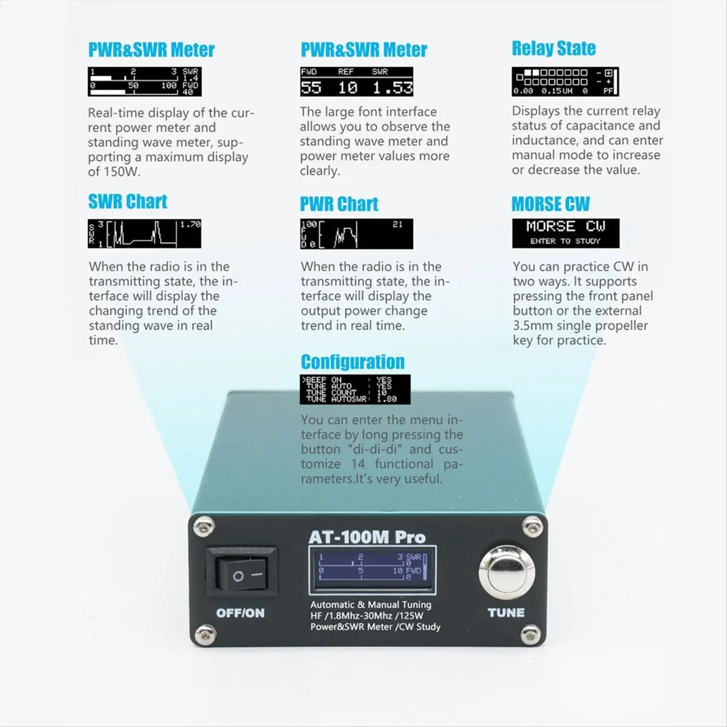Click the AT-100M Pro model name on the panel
click(x=367, y=537)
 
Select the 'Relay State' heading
click(x=553, y=48)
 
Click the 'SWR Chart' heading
click(x=127, y=202)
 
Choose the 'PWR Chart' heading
click(x=339, y=204)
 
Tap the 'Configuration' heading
click(x=353, y=362)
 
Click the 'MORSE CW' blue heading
click(x=550, y=204)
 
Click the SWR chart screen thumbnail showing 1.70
click(x=144, y=234)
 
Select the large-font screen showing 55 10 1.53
click(x=356, y=81)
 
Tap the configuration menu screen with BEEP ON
click(x=355, y=389)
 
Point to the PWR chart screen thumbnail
click(x=356, y=234)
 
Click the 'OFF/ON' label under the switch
click(x=241, y=613)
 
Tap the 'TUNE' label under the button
click(x=506, y=612)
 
